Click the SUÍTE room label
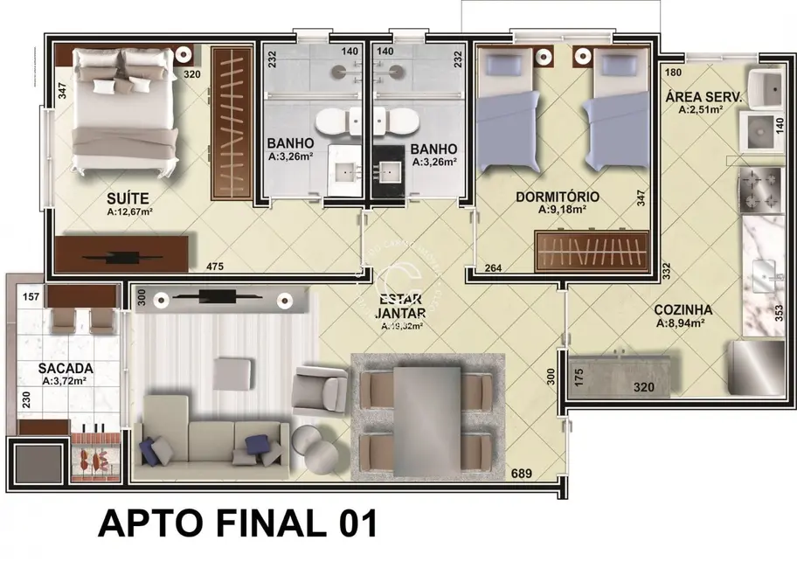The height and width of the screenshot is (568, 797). coord(128,197)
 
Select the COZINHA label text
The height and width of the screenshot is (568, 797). coord(683,309)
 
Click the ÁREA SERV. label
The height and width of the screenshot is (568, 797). coord(703,97)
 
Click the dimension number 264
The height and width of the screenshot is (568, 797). coord(492,268)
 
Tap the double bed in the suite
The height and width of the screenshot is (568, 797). coord(123,109)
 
